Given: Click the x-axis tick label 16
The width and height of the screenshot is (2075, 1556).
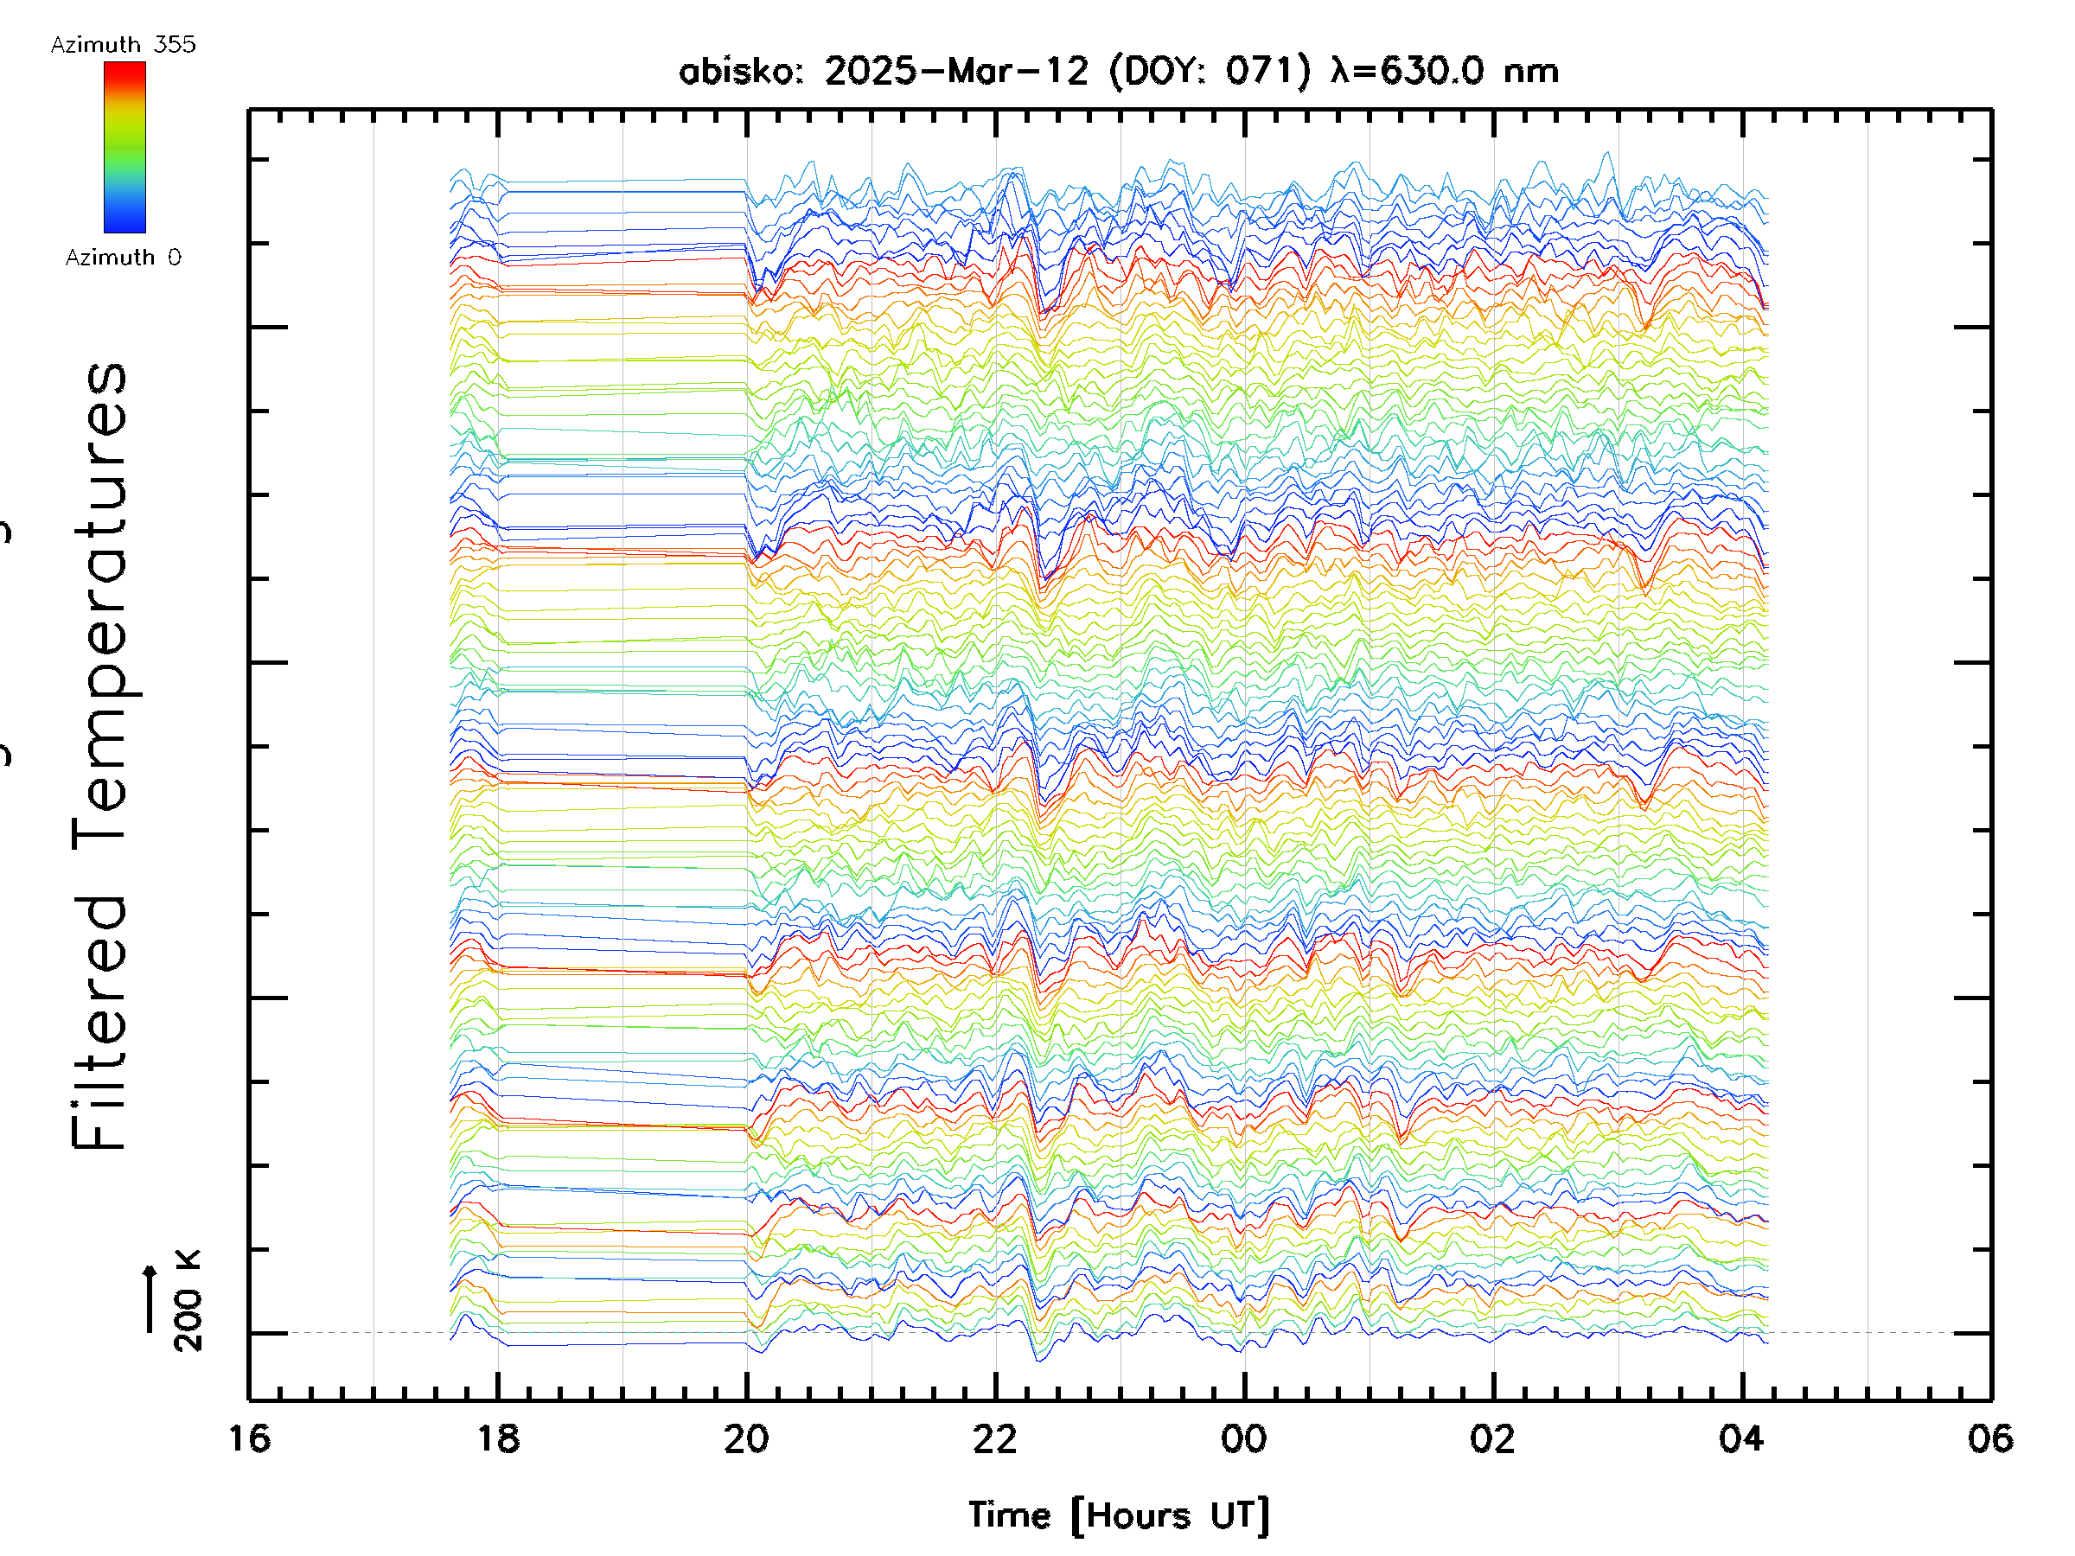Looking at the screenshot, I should [x=250, y=1438].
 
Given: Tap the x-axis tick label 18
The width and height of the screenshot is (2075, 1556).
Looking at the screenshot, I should [x=498, y=1438].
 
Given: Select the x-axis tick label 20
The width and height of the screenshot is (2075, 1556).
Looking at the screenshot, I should [x=747, y=1438].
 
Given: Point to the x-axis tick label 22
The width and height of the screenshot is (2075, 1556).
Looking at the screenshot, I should [x=995, y=1438].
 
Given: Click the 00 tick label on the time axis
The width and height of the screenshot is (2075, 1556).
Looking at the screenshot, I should [x=1244, y=1438].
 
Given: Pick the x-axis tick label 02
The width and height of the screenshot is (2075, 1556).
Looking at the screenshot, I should [x=1492, y=1438].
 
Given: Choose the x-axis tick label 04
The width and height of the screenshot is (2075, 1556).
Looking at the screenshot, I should [x=1742, y=1438].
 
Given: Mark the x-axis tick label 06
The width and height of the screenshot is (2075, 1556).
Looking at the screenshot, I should [x=1990, y=1438].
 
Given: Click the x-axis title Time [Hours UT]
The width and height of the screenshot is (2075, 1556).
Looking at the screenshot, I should [x=1119, y=1515].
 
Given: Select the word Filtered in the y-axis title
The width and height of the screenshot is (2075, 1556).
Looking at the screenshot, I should [x=99, y=1023].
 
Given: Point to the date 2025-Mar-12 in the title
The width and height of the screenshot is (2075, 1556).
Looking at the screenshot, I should [x=957, y=71].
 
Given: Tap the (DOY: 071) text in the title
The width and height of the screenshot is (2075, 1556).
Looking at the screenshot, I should [x=1210, y=71].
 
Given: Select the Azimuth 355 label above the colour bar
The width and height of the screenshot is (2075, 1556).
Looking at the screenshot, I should [x=123, y=45].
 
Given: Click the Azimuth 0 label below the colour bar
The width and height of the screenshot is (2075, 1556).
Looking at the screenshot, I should [x=123, y=258].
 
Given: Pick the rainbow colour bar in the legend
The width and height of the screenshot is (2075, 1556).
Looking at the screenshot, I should [x=124, y=147].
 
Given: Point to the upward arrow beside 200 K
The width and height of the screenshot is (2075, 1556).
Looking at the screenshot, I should [x=150, y=1298].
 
